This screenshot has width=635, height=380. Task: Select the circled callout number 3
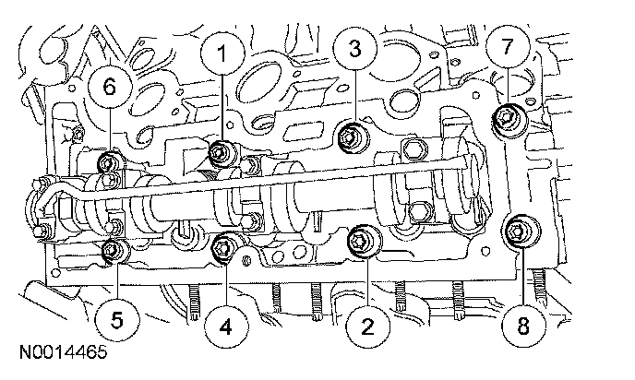pyautogui.click(x=353, y=46)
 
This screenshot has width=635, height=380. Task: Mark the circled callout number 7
pyautogui.click(x=509, y=45)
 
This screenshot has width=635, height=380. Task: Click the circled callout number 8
pyautogui.click(x=524, y=324)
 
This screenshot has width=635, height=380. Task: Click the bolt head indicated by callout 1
pyautogui.click(x=222, y=153)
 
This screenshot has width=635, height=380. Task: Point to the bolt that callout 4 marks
pyautogui.click(x=223, y=245)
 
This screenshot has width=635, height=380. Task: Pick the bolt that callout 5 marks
pyautogui.click(x=113, y=247)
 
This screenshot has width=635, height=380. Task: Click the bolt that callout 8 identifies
pyautogui.click(x=517, y=231)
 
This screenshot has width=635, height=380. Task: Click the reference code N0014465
pyautogui.click(x=61, y=352)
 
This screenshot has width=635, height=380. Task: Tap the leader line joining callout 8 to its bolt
pyautogui.click(x=522, y=272)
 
